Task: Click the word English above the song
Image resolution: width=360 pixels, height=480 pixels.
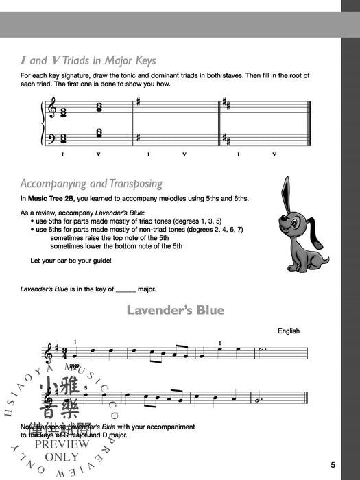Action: point(289,331)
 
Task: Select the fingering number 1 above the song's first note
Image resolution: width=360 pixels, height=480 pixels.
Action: point(75,341)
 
